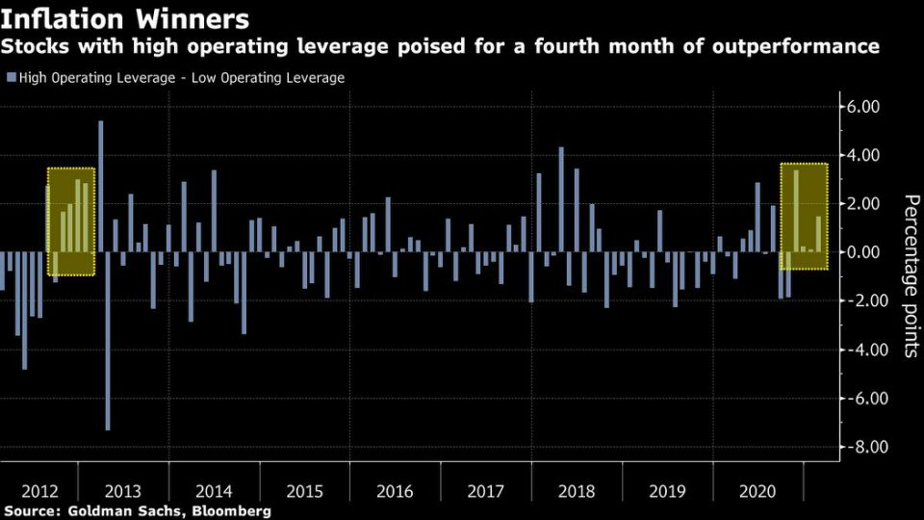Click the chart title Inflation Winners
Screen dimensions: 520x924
125,18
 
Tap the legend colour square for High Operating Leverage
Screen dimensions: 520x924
11,78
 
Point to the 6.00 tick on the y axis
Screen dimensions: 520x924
862,107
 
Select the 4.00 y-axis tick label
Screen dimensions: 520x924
862,155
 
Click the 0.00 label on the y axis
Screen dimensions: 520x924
862,252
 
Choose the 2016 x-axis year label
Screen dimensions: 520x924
395,491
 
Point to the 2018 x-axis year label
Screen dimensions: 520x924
577,491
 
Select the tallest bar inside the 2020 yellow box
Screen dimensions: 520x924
796,211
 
